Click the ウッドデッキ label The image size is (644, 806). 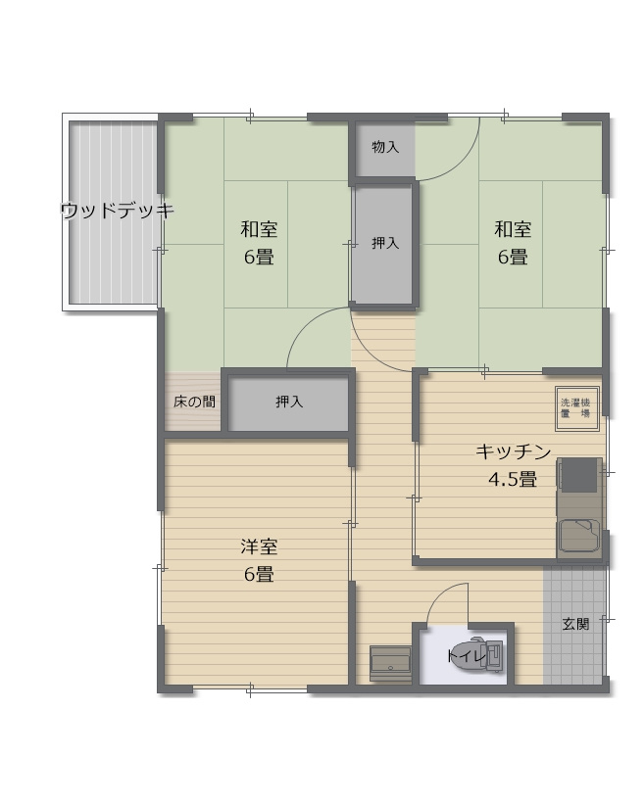coord(116,211)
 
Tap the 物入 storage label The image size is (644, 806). coord(385,148)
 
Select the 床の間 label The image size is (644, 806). coord(194,402)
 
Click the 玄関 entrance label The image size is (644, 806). coord(575,623)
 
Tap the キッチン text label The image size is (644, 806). coord(513,452)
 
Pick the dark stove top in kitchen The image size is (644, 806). coord(579,477)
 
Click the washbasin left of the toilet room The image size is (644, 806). coord(390,662)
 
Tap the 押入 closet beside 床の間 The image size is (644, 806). coord(288,402)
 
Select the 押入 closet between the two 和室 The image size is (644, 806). coord(385,244)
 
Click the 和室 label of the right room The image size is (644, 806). coord(512,230)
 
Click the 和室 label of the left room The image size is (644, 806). coord(259,230)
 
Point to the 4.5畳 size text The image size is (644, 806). coord(512,480)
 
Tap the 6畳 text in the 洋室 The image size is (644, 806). coord(259,574)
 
